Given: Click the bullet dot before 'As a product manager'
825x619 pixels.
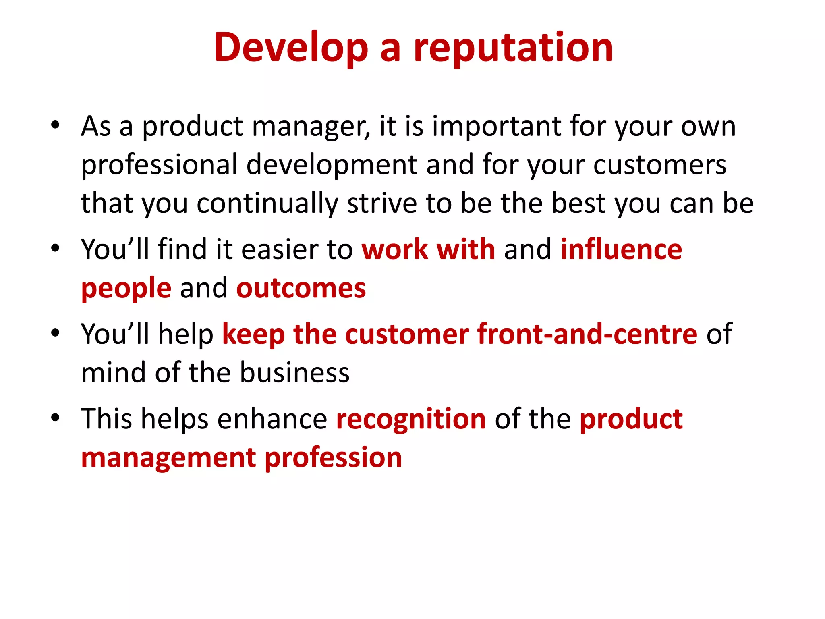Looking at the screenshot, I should [x=55, y=125].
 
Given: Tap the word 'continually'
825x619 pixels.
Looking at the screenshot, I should [x=267, y=204].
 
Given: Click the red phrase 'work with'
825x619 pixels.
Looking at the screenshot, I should [x=428, y=249].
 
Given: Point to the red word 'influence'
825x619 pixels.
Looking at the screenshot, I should [x=621, y=249].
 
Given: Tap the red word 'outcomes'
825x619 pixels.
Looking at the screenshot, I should [x=301, y=288].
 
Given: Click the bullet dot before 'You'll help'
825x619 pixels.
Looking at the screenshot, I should [x=55, y=333].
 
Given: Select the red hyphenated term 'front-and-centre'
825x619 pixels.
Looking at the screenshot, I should [x=587, y=334].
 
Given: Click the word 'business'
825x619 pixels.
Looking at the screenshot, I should [x=295, y=372].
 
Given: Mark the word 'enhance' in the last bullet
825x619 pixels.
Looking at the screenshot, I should [x=272, y=419].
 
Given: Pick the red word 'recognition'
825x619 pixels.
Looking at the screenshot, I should [x=411, y=420].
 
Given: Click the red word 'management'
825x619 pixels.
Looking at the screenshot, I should [x=168, y=458].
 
